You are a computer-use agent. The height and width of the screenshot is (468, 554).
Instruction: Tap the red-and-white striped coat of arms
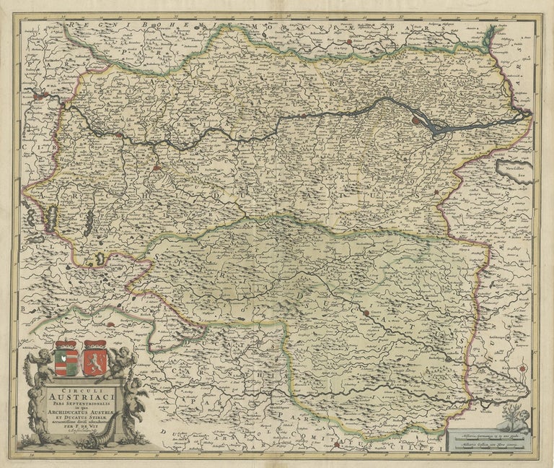66,357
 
